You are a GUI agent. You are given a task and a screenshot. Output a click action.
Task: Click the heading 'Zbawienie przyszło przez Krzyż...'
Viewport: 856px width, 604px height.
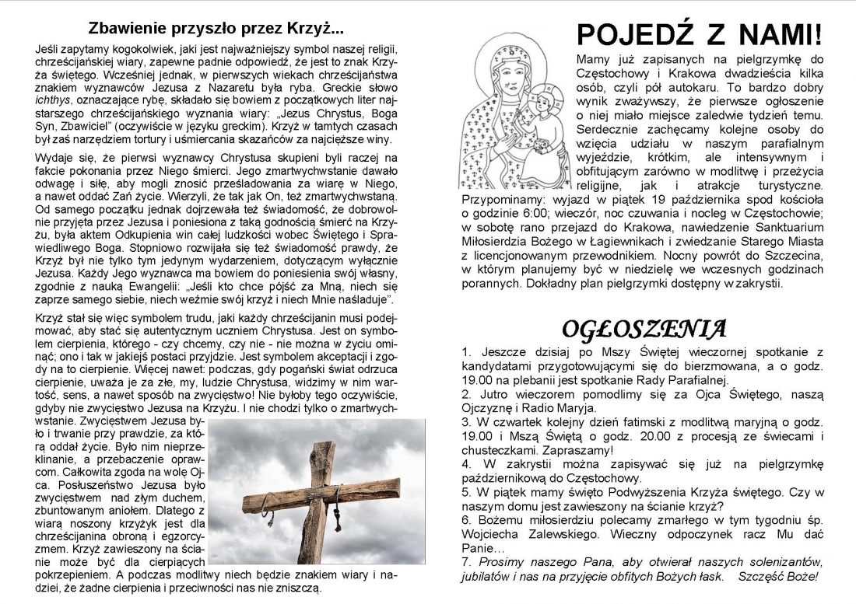pyautogui.click(x=216, y=30)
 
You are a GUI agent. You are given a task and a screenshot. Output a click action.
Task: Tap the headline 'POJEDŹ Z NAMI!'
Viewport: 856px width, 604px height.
pyautogui.click(x=699, y=34)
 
